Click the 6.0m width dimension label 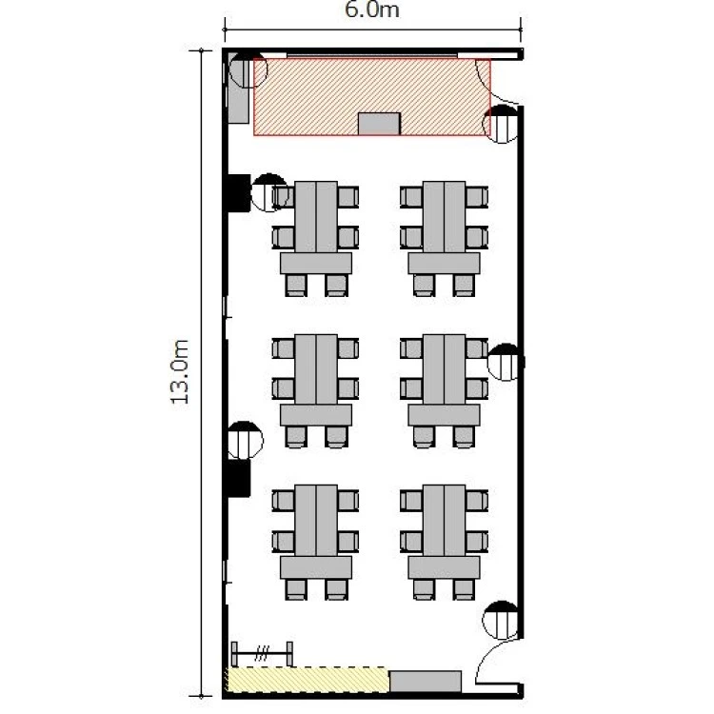[372, 10]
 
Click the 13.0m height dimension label [179, 371]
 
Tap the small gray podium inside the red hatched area [379, 124]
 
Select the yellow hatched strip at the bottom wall [307, 680]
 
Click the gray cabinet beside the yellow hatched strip [426, 682]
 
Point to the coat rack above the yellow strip [262, 654]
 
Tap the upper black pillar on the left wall [239, 193]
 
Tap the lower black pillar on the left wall [239, 478]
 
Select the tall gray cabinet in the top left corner [238, 88]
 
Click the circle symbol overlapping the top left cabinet [248, 69]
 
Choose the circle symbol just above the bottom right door [501, 620]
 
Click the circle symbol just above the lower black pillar [245, 441]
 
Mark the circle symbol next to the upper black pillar [269, 192]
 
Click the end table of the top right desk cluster [444, 264]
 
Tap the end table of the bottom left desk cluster [316, 567]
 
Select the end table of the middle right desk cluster [444, 415]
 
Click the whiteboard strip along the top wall [372, 55]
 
